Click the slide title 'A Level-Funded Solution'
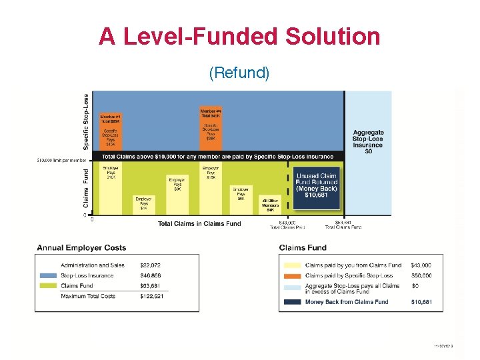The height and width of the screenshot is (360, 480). pyautogui.click(x=239, y=36)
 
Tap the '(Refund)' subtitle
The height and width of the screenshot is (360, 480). pyautogui.click(x=239, y=72)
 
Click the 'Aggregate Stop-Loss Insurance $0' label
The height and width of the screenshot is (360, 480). pyautogui.click(x=368, y=141)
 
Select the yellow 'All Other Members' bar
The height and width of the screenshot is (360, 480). pyautogui.click(x=270, y=206)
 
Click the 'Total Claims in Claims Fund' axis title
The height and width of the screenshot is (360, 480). pyautogui.click(x=199, y=224)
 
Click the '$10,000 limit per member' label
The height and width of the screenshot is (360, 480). pyautogui.click(x=60, y=160)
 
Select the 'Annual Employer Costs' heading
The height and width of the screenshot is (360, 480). pyautogui.click(x=81, y=248)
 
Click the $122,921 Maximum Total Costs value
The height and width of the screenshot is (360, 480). pyautogui.click(x=151, y=296)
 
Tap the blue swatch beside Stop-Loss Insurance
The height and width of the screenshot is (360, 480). pyautogui.click(x=48, y=275)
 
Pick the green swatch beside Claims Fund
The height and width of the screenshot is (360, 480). pyautogui.click(x=48, y=285)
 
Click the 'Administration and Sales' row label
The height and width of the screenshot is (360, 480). pyautogui.click(x=93, y=265)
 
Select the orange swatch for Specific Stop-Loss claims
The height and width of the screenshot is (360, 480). pyautogui.click(x=291, y=275)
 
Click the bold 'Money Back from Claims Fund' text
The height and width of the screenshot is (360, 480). pyautogui.click(x=347, y=302)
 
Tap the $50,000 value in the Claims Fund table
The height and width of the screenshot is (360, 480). pyautogui.click(x=421, y=275)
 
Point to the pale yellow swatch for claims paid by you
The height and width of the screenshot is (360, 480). pyautogui.click(x=291, y=265)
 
